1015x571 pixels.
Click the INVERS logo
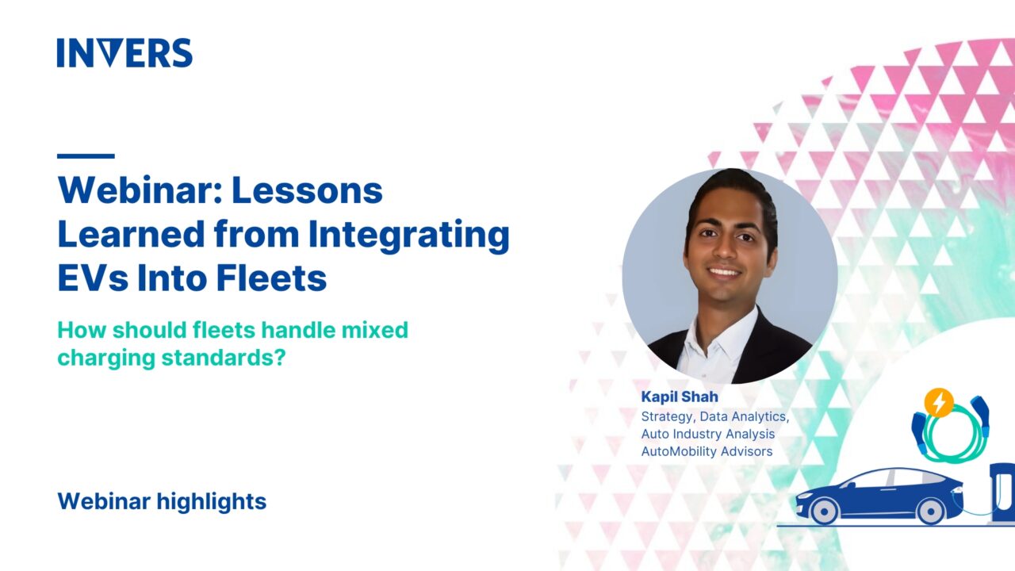(x=124, y=53)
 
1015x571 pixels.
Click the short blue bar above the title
(x=86, y=156)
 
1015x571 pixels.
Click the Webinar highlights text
(x=162, y=501)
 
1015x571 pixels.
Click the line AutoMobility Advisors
(x=707, y=451)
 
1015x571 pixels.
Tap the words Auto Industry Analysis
(x=708, y=434)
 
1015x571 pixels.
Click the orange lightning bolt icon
(x=939, y=403)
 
